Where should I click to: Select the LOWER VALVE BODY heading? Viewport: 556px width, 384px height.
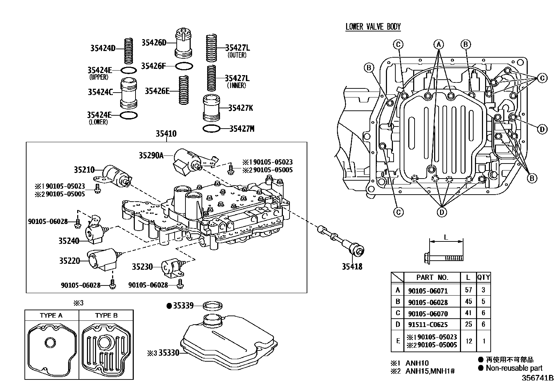pyautogui.click(x=373, y=27)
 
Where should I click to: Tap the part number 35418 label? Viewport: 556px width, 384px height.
pyautogui.click(x=352, y=267)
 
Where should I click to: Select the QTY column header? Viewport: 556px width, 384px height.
pyautogui.click(x=483, y=277)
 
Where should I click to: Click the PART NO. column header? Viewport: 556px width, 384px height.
pyautogui.click(x=432, y=277)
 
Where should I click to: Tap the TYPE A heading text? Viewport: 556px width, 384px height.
pyautogui.click(x=51, y=315)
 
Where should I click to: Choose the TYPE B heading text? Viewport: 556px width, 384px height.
pyautogui.click(x=106, y=315)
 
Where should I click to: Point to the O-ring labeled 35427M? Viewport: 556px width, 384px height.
pyautogui.click(x=212, y=129)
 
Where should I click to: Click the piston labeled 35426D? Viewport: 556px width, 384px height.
pyautogui.click(x=184, y=44)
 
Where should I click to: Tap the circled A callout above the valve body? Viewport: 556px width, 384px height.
pyautogui.click(x=439, y=44)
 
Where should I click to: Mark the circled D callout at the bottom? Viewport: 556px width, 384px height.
pyautogui.click(x=442, y=212)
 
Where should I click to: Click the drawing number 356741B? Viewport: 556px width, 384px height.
pyautogui.click(x=537, y=378)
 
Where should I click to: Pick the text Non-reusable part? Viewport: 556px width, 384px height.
pyautogui.click(x=514, y=368)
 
